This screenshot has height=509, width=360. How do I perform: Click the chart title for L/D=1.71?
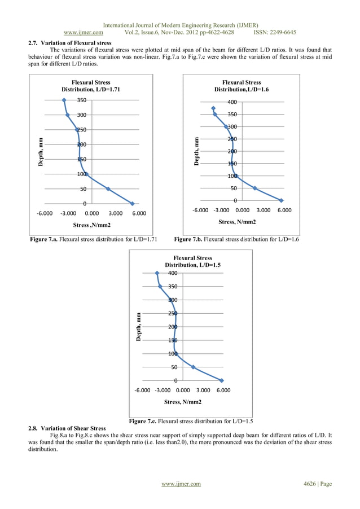coord(91,86)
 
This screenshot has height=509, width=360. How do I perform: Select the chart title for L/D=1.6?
coord(241,86)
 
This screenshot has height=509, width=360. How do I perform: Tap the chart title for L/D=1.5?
coord(188,261)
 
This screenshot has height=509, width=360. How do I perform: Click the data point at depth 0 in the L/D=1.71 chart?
coord(133,204)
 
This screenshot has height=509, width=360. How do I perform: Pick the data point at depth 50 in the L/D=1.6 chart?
coord(254,188)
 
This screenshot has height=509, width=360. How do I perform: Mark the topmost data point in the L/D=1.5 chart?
coord(157,273)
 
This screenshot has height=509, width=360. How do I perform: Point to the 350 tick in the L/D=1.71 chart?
coord(82,100)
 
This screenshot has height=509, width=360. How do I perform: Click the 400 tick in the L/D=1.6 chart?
coord(232,102)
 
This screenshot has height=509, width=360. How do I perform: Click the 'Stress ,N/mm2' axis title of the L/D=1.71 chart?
coord(91,226)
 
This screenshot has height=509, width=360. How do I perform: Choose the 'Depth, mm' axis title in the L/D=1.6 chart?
coord(196,151)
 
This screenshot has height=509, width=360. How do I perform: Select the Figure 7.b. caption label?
coord(194,240)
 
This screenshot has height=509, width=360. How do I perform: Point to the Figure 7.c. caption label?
coord(148,422)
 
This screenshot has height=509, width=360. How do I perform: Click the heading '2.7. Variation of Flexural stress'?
coord(70,43)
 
